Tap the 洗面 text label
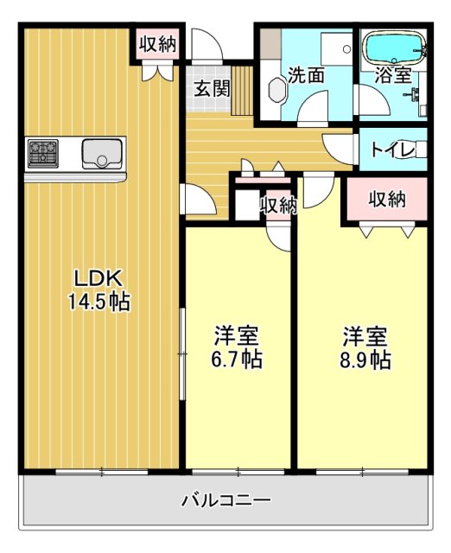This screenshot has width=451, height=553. [x=306, y=75]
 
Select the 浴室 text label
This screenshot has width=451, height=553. [x=392, y=75]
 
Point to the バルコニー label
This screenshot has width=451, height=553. [x=226, y=499]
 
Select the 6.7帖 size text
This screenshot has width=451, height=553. [x=237, y=359]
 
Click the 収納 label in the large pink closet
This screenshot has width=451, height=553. [x=387, y=200]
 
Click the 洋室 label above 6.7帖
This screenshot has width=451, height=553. [x=237, y=335]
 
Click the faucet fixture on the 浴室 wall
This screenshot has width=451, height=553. [x=421, y=95]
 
